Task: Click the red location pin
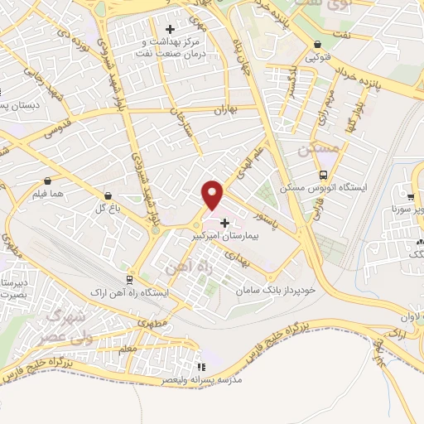tap(213, 195)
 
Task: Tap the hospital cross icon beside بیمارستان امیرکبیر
tap(225, 223)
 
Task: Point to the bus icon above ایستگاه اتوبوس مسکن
tap(324, 175)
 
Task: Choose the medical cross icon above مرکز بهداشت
tap(170, 30)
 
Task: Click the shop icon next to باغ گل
tap(108, 196)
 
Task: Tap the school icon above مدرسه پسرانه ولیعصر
tap(200, 367)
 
